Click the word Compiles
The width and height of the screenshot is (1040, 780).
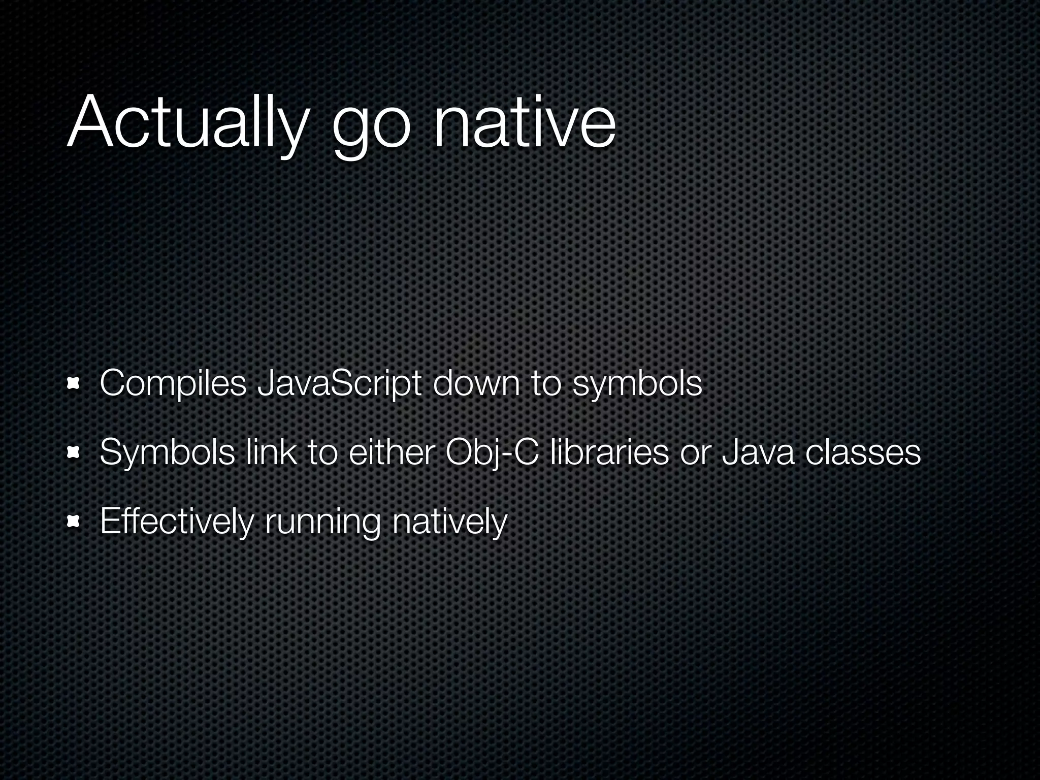pos(173,384)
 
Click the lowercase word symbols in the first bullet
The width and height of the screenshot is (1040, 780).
pos(637,384)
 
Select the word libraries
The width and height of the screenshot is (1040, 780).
pos(609,452)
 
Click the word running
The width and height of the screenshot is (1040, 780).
pos(322,523)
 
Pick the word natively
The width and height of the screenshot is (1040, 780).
pos(449,522)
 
